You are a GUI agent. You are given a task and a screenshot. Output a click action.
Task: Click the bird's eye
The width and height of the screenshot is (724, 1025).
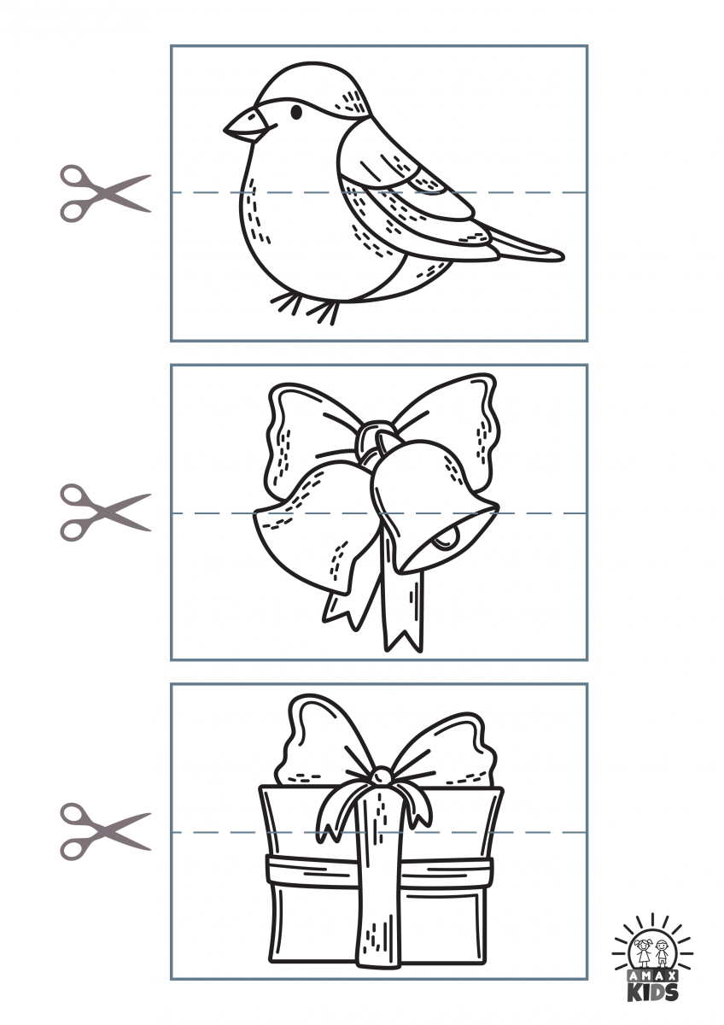tap(297, 112)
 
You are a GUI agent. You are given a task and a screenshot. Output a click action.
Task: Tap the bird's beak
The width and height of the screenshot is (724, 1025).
tap(245, 125)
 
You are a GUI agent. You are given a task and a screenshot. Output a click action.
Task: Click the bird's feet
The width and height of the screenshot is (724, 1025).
tap(306, 307)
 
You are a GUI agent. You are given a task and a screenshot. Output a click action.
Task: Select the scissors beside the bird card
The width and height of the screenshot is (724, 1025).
tap(105, 194)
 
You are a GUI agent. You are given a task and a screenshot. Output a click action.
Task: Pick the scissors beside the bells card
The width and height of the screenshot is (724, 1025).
tap(105, 513)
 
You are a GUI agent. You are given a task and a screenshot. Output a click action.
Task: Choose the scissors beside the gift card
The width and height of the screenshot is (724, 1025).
tap(105, 831)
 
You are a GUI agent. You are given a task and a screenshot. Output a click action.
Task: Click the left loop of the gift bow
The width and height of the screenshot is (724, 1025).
tap(320, 741)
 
